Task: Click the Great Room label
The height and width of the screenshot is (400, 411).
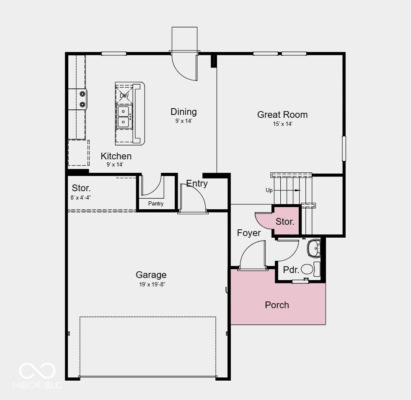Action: pos(282,114)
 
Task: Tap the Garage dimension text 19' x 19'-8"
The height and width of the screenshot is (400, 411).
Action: pos(152,284)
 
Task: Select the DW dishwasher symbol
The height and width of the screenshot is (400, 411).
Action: pos(124,96)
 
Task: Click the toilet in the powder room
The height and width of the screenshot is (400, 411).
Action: pos(310,269)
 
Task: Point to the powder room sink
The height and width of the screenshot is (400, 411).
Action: pos(314,248)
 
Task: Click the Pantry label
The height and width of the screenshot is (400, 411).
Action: pos(156,203)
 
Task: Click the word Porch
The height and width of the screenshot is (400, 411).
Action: pos(277,305)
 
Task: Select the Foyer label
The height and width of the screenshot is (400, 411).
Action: pos(249,233)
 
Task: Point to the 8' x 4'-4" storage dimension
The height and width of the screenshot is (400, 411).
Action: pos(81,197)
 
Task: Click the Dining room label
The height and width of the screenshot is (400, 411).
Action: pos(184,112)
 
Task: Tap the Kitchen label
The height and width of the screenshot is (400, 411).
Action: pos(116,156)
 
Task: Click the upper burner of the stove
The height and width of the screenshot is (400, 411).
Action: pos(83,94)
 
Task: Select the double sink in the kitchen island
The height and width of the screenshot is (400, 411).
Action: pos(123,117)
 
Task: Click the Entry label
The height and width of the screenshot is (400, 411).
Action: pos(197,183)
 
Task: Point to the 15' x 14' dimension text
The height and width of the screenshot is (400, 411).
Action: pos(282,124)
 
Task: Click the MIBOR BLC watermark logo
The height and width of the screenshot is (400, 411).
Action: pos(37,376)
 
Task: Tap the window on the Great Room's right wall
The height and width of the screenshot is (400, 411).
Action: pos(344,148)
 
